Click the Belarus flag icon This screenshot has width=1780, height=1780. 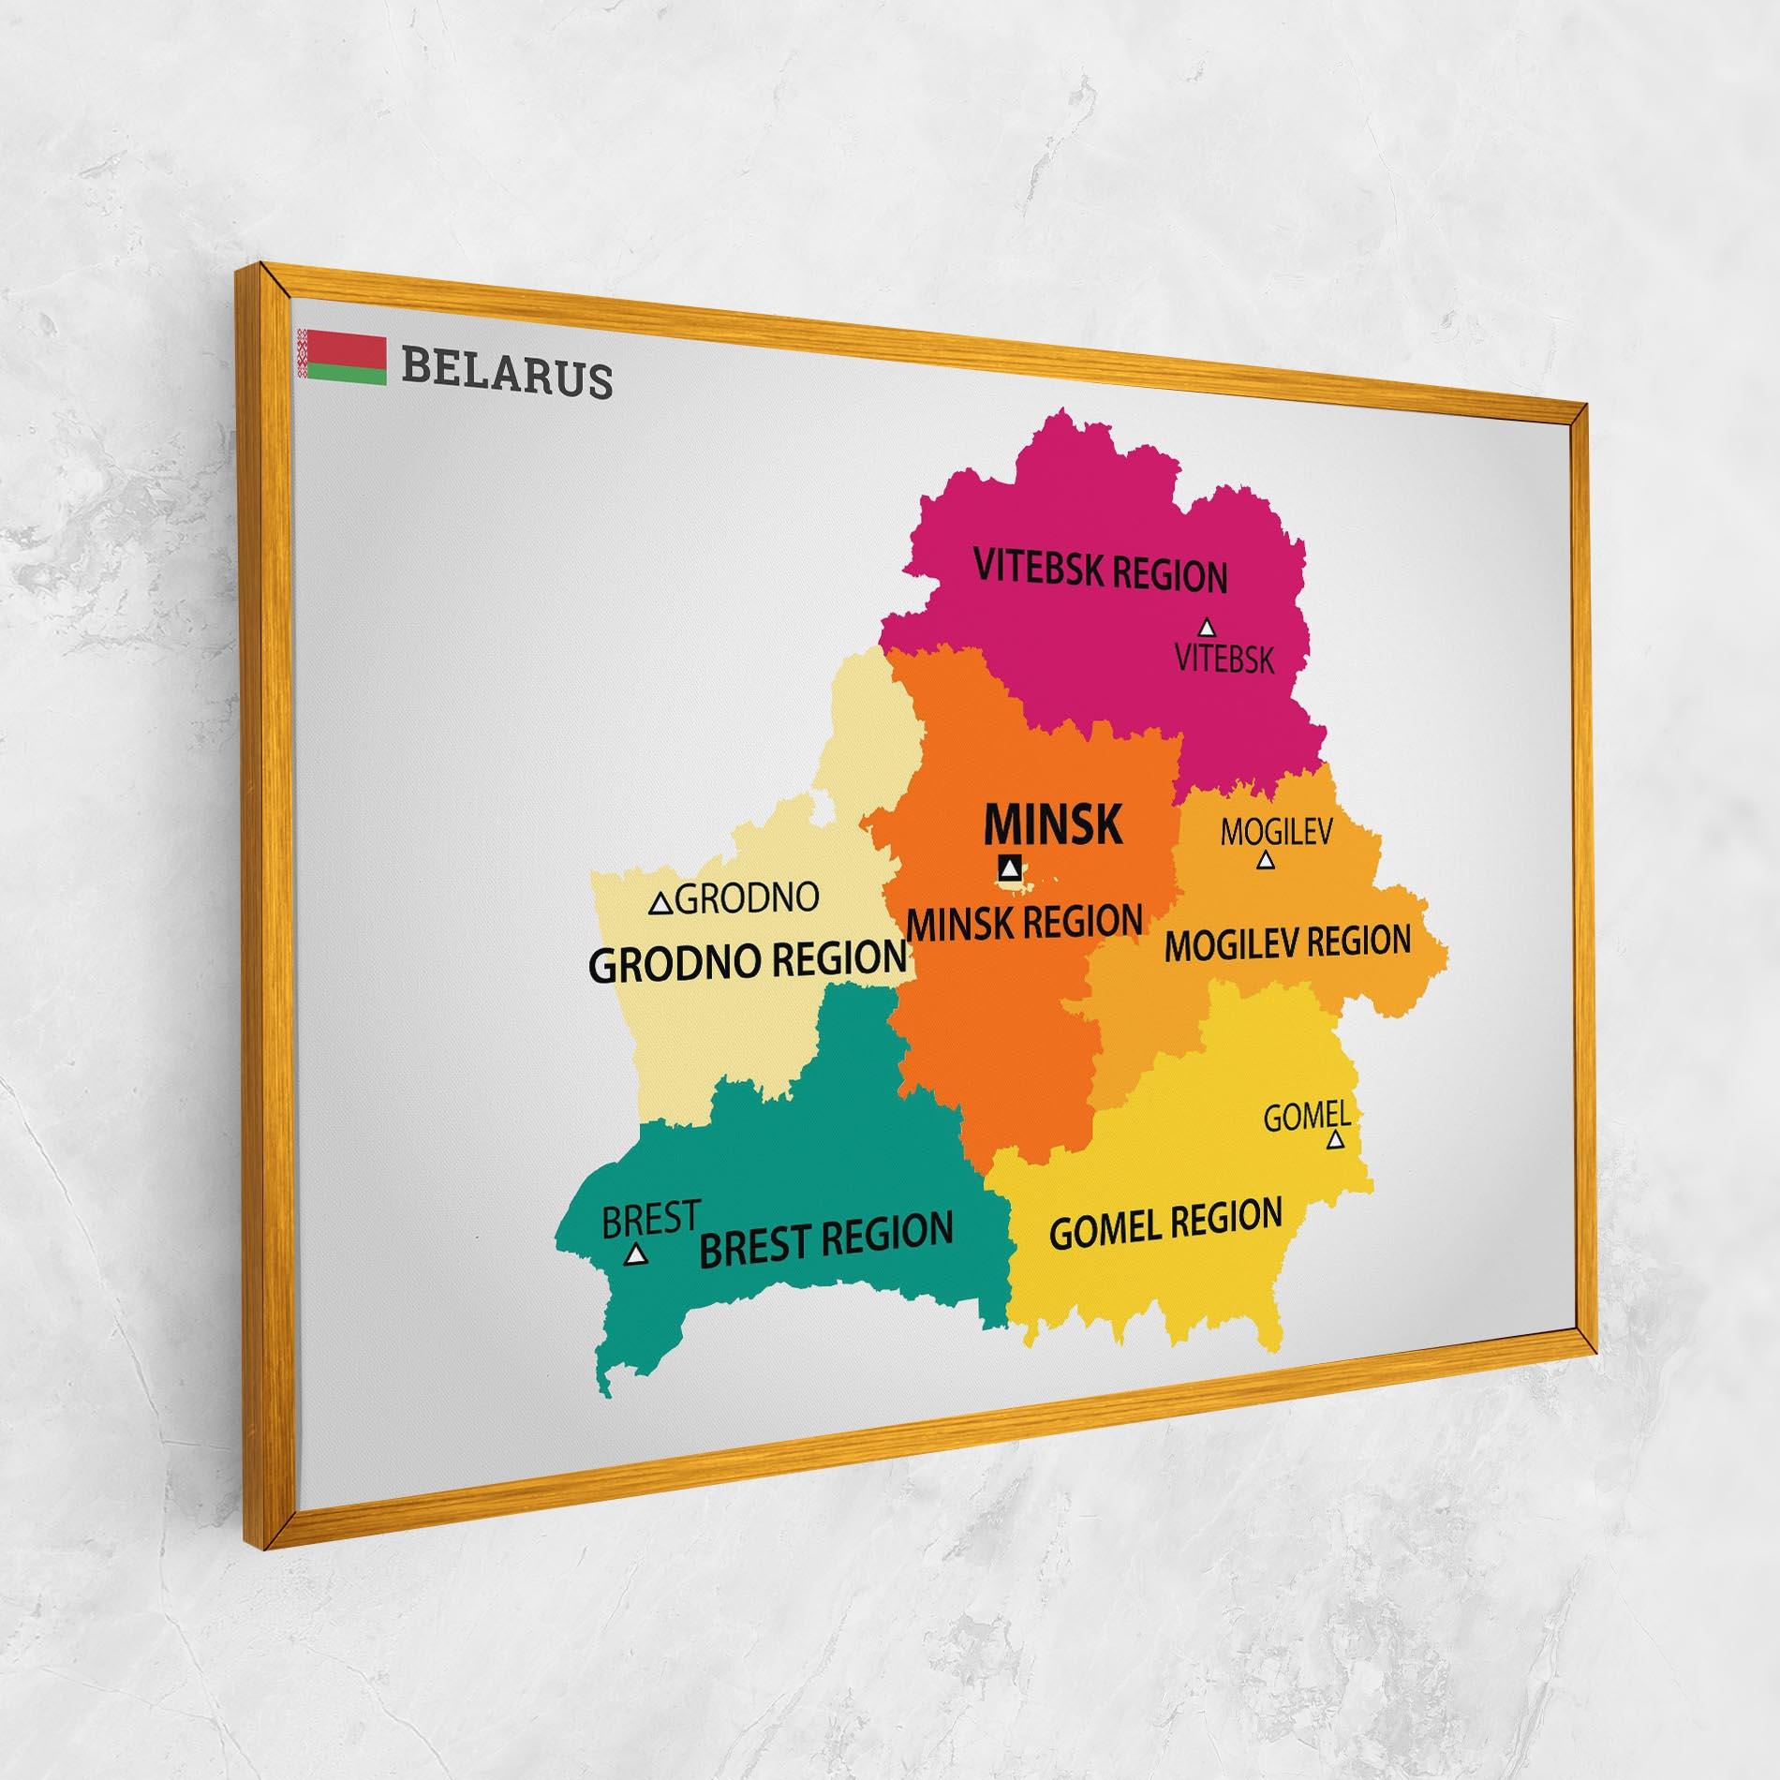(x=341, y=356)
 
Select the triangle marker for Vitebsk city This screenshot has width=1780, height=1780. (x=1208, y=627)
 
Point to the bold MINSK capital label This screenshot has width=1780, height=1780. (x=1052, y=824)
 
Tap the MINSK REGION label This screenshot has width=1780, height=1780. (x=1025, y=923)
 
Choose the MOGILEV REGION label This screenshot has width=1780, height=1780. (x=1287, y=943)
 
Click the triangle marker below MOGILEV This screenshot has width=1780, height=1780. (x=1265, y=859)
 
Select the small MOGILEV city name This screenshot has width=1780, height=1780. (x=1276, y=831)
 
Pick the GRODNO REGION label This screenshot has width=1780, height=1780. (x=748, y=960)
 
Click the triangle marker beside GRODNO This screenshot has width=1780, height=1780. (x=661, y=904)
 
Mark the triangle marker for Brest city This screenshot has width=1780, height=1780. (x=637, y=1253)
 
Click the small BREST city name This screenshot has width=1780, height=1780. (x=650, y=1219)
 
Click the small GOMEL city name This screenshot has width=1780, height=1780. (x=1306, y=1116)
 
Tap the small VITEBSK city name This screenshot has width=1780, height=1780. (x=1224, y=660)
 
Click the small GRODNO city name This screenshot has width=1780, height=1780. (x=747, y=899)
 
